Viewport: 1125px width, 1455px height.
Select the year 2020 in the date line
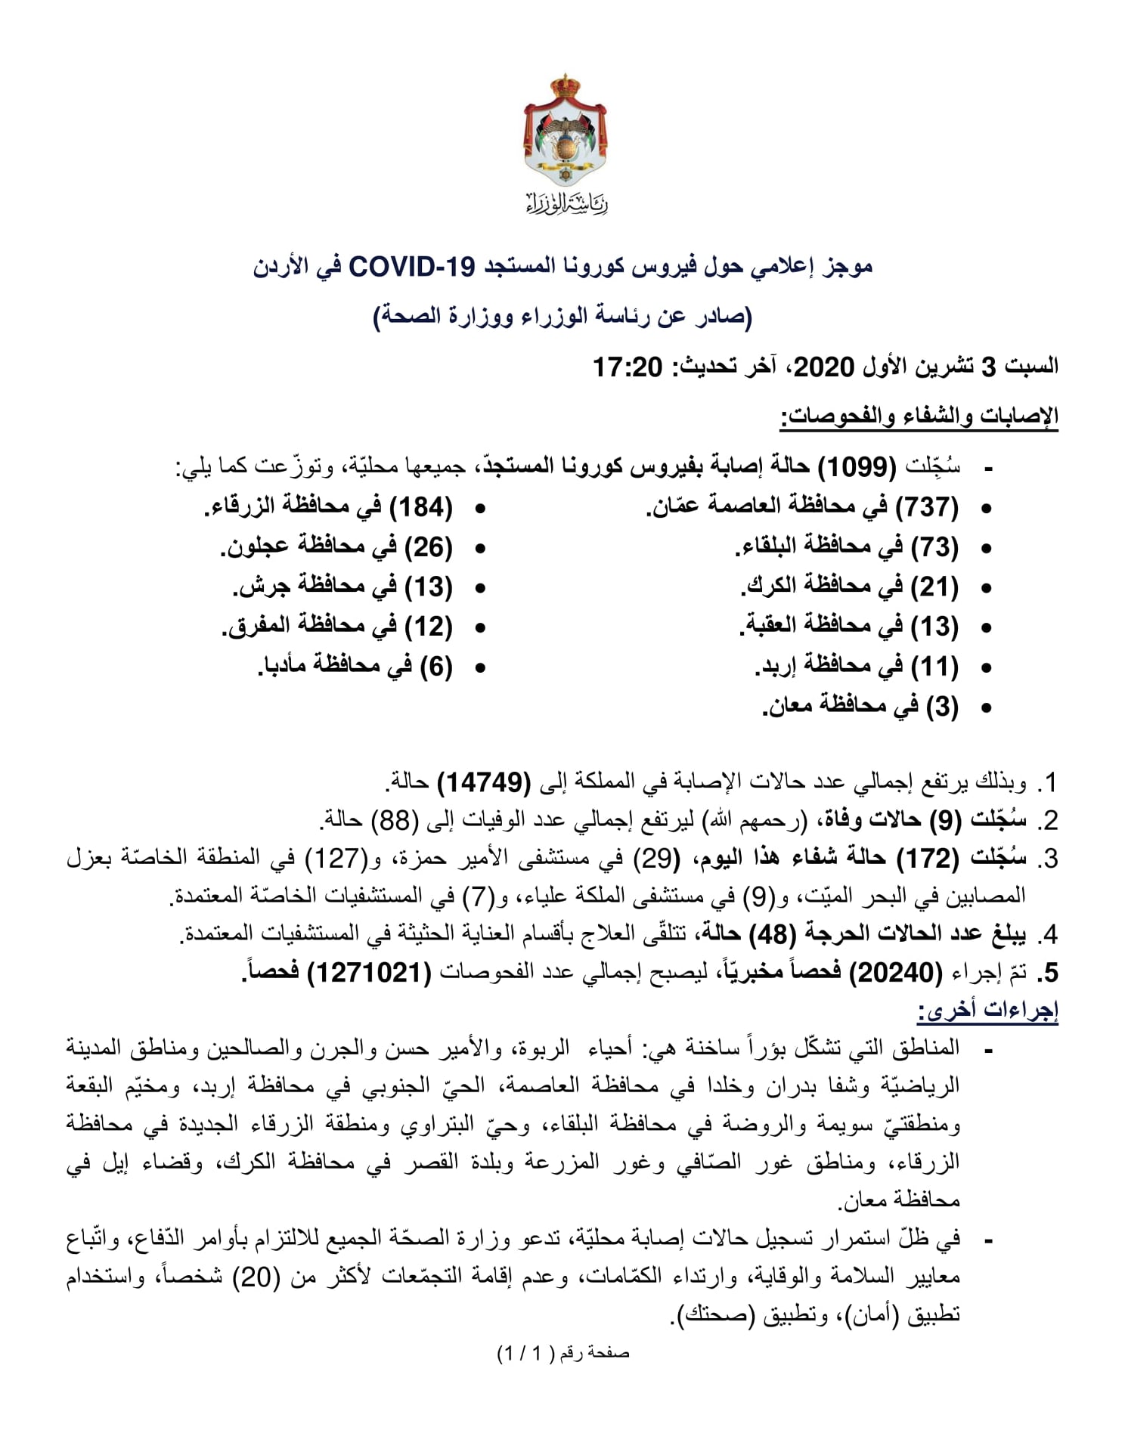(x=823, y=367)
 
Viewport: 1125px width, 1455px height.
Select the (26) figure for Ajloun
(x=429, y=547)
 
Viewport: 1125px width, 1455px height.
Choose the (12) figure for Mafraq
(x=429, y=627)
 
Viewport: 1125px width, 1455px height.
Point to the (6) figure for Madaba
(x=436, y=667)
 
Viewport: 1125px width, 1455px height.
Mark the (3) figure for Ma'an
(x=942, y=707)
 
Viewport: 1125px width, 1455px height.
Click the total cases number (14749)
(x=484, y=782)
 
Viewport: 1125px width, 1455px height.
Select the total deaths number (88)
(x=394, y=820)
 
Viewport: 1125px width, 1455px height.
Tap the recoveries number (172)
(x=927, y=859)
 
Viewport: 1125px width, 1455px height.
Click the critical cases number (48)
(x=772, y=935)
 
